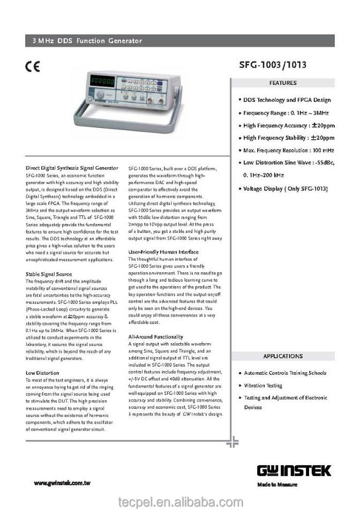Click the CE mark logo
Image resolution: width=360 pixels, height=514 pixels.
click(x=33, y=67)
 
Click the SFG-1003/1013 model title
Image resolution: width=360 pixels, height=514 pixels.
click(x=273, y=65)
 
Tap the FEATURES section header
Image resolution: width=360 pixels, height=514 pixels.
click(x=283, y=83)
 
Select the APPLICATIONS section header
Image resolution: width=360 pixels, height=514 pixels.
click(x=283, y=356)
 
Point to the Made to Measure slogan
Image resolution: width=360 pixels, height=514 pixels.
click(x=277, y=485)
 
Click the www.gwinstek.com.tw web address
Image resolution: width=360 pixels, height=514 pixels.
click(x=62, y=483)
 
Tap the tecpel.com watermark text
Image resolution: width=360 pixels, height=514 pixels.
click(x=180, y=502)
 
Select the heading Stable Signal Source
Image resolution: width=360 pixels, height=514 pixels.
click(x=49, y=274)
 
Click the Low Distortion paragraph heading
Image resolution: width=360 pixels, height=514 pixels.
click(x=42, y=372)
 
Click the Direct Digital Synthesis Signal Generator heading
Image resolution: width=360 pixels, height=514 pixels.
click(x=72, y=168)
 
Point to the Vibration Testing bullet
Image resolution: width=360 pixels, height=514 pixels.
click(x=262, y=385)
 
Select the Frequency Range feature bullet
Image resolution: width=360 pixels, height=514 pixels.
click(x=286, y=113)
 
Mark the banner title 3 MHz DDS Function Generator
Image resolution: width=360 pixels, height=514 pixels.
click(x=87, y=41)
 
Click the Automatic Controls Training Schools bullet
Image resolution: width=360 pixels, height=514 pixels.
click(x=284, y=373)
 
